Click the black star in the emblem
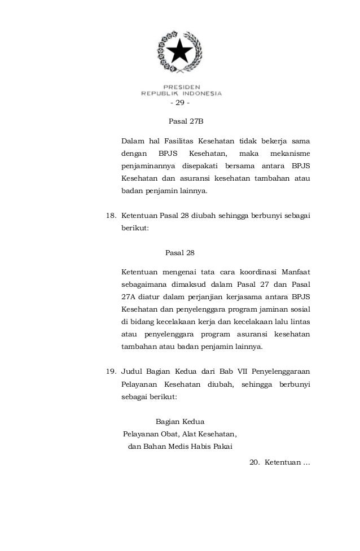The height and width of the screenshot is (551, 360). [x=181, y=53]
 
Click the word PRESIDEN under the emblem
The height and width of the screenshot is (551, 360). [x=181, y=86]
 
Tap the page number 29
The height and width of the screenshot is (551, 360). [x=180, y=103]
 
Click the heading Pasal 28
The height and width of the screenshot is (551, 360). [x=180, y=252]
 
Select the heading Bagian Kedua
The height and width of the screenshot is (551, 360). [x=180, y=421]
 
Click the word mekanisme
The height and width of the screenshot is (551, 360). [x=291, y=153]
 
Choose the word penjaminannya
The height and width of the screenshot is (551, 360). [x=147, y=166]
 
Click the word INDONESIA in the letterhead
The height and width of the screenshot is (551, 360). [x=202, y=93]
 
